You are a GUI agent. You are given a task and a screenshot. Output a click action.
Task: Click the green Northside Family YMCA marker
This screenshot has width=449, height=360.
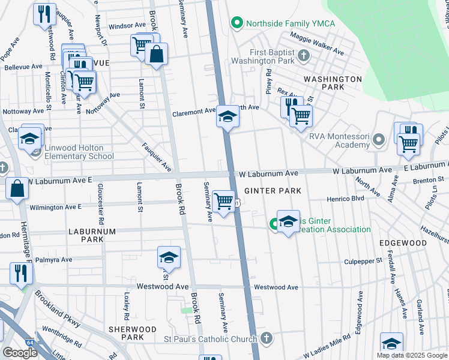[237, 23]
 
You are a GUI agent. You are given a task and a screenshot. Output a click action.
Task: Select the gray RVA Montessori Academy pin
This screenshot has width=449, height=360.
[378, 140]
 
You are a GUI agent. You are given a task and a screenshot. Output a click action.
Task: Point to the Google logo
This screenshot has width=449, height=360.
[20, 353]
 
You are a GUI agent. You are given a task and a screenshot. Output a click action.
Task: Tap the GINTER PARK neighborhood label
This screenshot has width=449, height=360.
[277, 190]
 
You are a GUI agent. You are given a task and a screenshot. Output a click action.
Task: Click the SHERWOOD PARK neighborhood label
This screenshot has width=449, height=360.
[132, 334]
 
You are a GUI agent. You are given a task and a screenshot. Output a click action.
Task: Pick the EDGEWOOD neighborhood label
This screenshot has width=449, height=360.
[403, 243]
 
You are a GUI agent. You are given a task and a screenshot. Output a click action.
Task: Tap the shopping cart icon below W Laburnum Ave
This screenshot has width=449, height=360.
[224, 201]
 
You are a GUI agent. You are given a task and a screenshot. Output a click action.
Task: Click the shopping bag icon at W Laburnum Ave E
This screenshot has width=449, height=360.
[18, 188]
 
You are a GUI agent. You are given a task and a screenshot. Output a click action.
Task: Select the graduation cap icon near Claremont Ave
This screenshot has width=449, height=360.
[228, 116]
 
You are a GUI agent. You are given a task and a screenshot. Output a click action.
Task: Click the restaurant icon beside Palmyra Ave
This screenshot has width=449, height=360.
[20, 273]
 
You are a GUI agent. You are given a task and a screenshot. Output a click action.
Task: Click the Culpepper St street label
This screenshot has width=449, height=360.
[363, 262]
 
